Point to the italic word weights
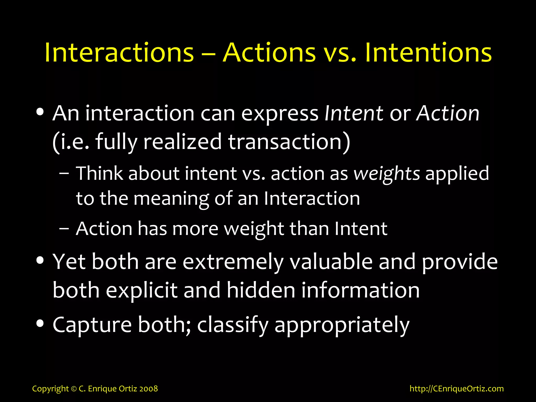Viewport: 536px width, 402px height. click(387, 174)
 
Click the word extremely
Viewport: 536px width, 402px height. click(233, 262)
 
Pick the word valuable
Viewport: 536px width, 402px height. click(331, 262)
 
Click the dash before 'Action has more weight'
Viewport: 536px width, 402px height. click(64, 228)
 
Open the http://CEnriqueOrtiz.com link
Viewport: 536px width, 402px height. click(456, 389)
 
